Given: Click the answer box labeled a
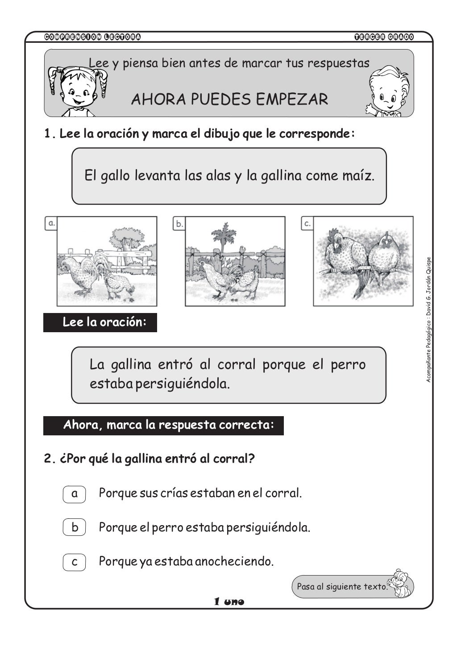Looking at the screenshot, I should pos(74,493).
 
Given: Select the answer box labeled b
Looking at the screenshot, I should pos(74,527).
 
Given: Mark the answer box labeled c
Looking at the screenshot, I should pos(74,561).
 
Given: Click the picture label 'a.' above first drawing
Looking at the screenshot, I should pos(52,223).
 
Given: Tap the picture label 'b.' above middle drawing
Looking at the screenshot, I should pos(179,224).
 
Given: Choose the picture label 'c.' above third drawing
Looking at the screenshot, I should pos(307,223).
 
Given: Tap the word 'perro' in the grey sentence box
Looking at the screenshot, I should pos(348,364).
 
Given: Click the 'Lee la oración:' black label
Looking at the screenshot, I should pos(100,322).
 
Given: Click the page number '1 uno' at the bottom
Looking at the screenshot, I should pos(229,602).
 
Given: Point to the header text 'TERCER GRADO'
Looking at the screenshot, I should pos(384,37).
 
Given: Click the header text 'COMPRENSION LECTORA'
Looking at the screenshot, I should pos(93,37).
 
